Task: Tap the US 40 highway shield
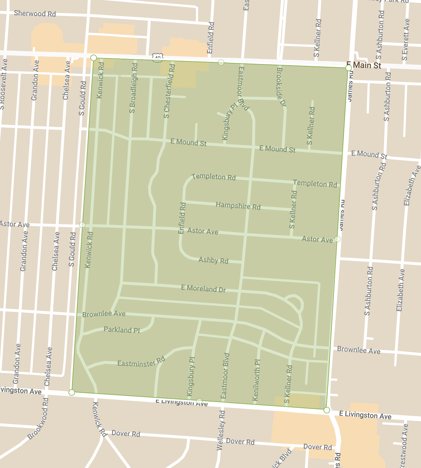(x=158, y=58)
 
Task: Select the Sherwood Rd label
(x=35, y=14)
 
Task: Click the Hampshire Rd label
(x=238, y=206)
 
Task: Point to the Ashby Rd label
(x=213, y=260)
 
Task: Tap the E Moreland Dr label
(x=203, y=289)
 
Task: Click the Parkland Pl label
(x=122, y=330)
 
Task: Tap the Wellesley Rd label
(x=221, y=430)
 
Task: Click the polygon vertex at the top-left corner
(x=94, y=58)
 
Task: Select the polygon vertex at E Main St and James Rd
(x=348, y=68)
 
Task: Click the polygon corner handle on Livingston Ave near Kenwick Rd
(x=72, y=392)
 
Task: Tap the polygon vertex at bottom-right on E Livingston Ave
(x=327, y=410)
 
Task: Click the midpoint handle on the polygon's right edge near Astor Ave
(x=337, y=239)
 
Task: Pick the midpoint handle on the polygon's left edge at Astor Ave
(x=82, y=225)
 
